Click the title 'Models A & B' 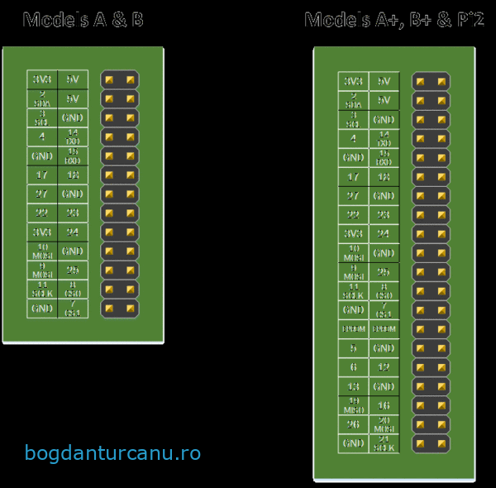[83, 20]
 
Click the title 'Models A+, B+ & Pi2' [393, 20]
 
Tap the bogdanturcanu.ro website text [112, 453]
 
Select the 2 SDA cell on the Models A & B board [42, 98]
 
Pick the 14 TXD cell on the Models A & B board [73, 136]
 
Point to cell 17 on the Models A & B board [42, 175]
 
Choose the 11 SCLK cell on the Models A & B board [42, 289]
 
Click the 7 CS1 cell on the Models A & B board [73, 309]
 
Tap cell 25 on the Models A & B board [73, 270]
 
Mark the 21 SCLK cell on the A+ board [384, 443]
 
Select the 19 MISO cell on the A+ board [353, 405]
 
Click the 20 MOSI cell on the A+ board [384, 424]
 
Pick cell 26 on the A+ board [353, 424]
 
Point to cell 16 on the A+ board [384, 405]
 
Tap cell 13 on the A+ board [353, 386]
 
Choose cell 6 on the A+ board [353, 367]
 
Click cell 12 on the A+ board [384, 367]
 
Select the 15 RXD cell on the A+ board [384, 157]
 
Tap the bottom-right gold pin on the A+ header [441, 444]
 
